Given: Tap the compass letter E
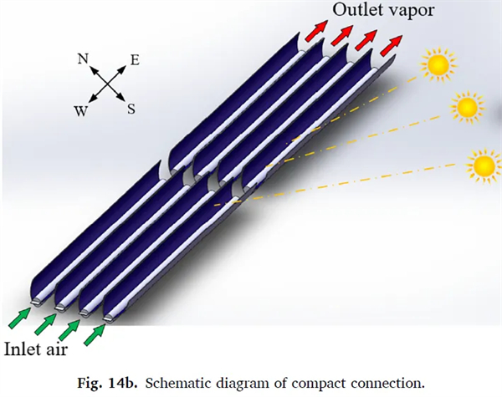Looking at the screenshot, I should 134,60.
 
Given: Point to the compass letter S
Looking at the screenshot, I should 131,108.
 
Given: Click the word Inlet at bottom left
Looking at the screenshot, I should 27,347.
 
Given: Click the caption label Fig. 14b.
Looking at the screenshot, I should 101,382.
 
